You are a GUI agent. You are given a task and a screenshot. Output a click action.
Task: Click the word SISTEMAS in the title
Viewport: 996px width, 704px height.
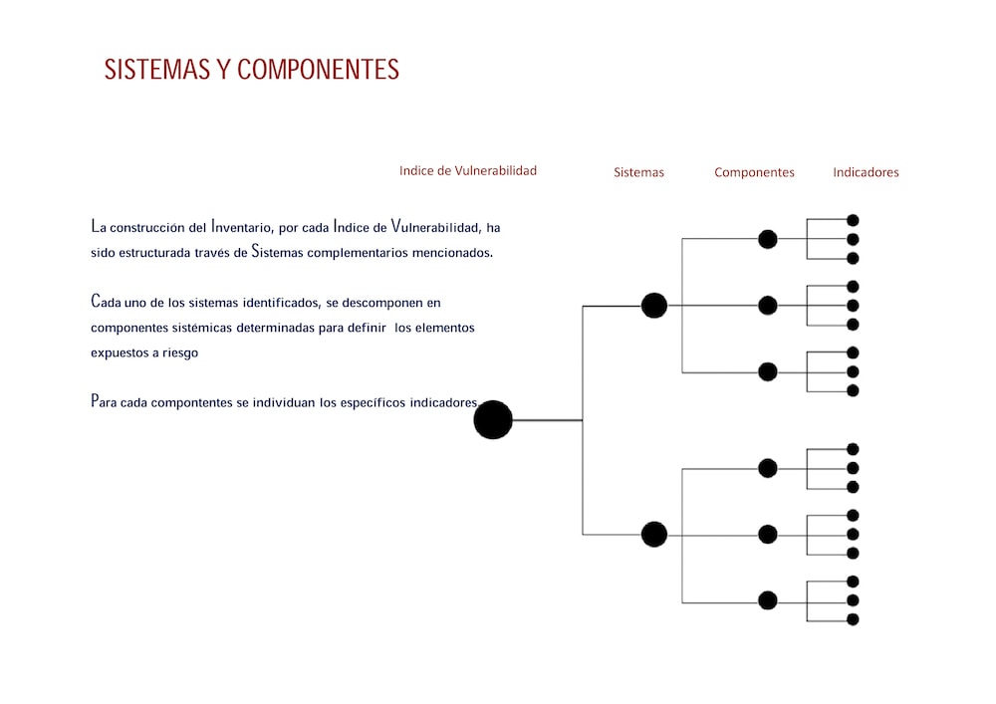(x=157, y=69)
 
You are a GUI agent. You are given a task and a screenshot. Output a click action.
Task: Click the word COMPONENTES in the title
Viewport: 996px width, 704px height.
(x=318, y=69)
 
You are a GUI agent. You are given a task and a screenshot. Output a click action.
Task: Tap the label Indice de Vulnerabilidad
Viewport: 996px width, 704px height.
(x=467, y=170)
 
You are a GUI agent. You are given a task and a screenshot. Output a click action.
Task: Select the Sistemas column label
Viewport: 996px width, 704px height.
(x=638, y=172)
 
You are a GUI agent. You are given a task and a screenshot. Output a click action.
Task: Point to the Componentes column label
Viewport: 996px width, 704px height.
(x=754, y=172)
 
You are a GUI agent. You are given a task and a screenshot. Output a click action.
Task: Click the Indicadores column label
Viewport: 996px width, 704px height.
(x=866, y=172)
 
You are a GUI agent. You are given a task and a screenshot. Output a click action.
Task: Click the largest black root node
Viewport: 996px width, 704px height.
(x=493, y=419)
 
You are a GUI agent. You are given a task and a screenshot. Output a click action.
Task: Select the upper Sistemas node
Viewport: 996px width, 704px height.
(x=653, y=306)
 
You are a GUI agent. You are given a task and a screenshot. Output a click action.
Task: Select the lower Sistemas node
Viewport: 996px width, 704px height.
(x=653, y=535)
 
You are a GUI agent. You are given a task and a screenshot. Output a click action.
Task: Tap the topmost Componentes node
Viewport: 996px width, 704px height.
(x=767, y=239)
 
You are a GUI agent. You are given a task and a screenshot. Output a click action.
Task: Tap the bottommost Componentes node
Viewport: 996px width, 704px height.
(x=767, y=599)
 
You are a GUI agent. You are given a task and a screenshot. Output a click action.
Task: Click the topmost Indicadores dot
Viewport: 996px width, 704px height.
(x=853, y=220)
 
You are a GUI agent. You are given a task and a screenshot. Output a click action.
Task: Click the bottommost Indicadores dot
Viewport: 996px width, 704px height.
(x=853, y=619)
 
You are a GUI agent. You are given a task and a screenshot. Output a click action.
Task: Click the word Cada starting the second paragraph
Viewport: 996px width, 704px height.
(x=106, y=301)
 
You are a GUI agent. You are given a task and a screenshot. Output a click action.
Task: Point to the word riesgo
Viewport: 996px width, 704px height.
(x=179, y=352)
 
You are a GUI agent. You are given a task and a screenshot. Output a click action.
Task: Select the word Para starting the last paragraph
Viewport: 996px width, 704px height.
(x=104, y=401)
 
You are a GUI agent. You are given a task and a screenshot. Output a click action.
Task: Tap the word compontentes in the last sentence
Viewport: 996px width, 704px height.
(x=191, y=403)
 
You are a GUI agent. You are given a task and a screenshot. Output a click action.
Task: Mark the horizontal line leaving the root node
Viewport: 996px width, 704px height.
(x=548, y=420)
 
